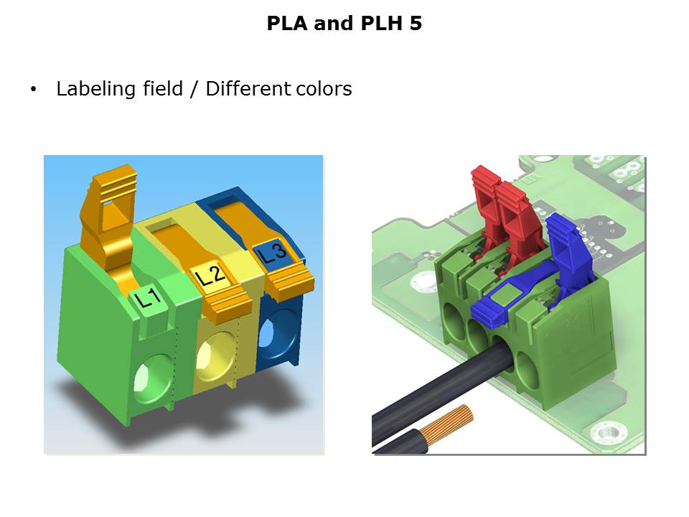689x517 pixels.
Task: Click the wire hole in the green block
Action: (152, 378)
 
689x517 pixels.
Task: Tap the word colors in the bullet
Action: (324, 89)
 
